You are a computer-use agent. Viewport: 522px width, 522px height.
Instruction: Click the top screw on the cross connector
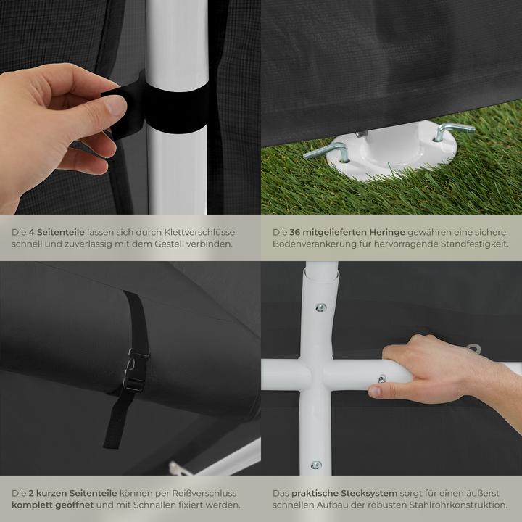[x=320, y=307]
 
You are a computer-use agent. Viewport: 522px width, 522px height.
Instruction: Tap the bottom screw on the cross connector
[x=316, y=465]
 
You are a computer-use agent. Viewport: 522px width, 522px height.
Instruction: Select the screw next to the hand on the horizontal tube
[x=382, y=378]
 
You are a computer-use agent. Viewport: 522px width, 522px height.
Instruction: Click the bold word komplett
[x=35, y=504]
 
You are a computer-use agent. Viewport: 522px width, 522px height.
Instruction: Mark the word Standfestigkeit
[x=472, y=244]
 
